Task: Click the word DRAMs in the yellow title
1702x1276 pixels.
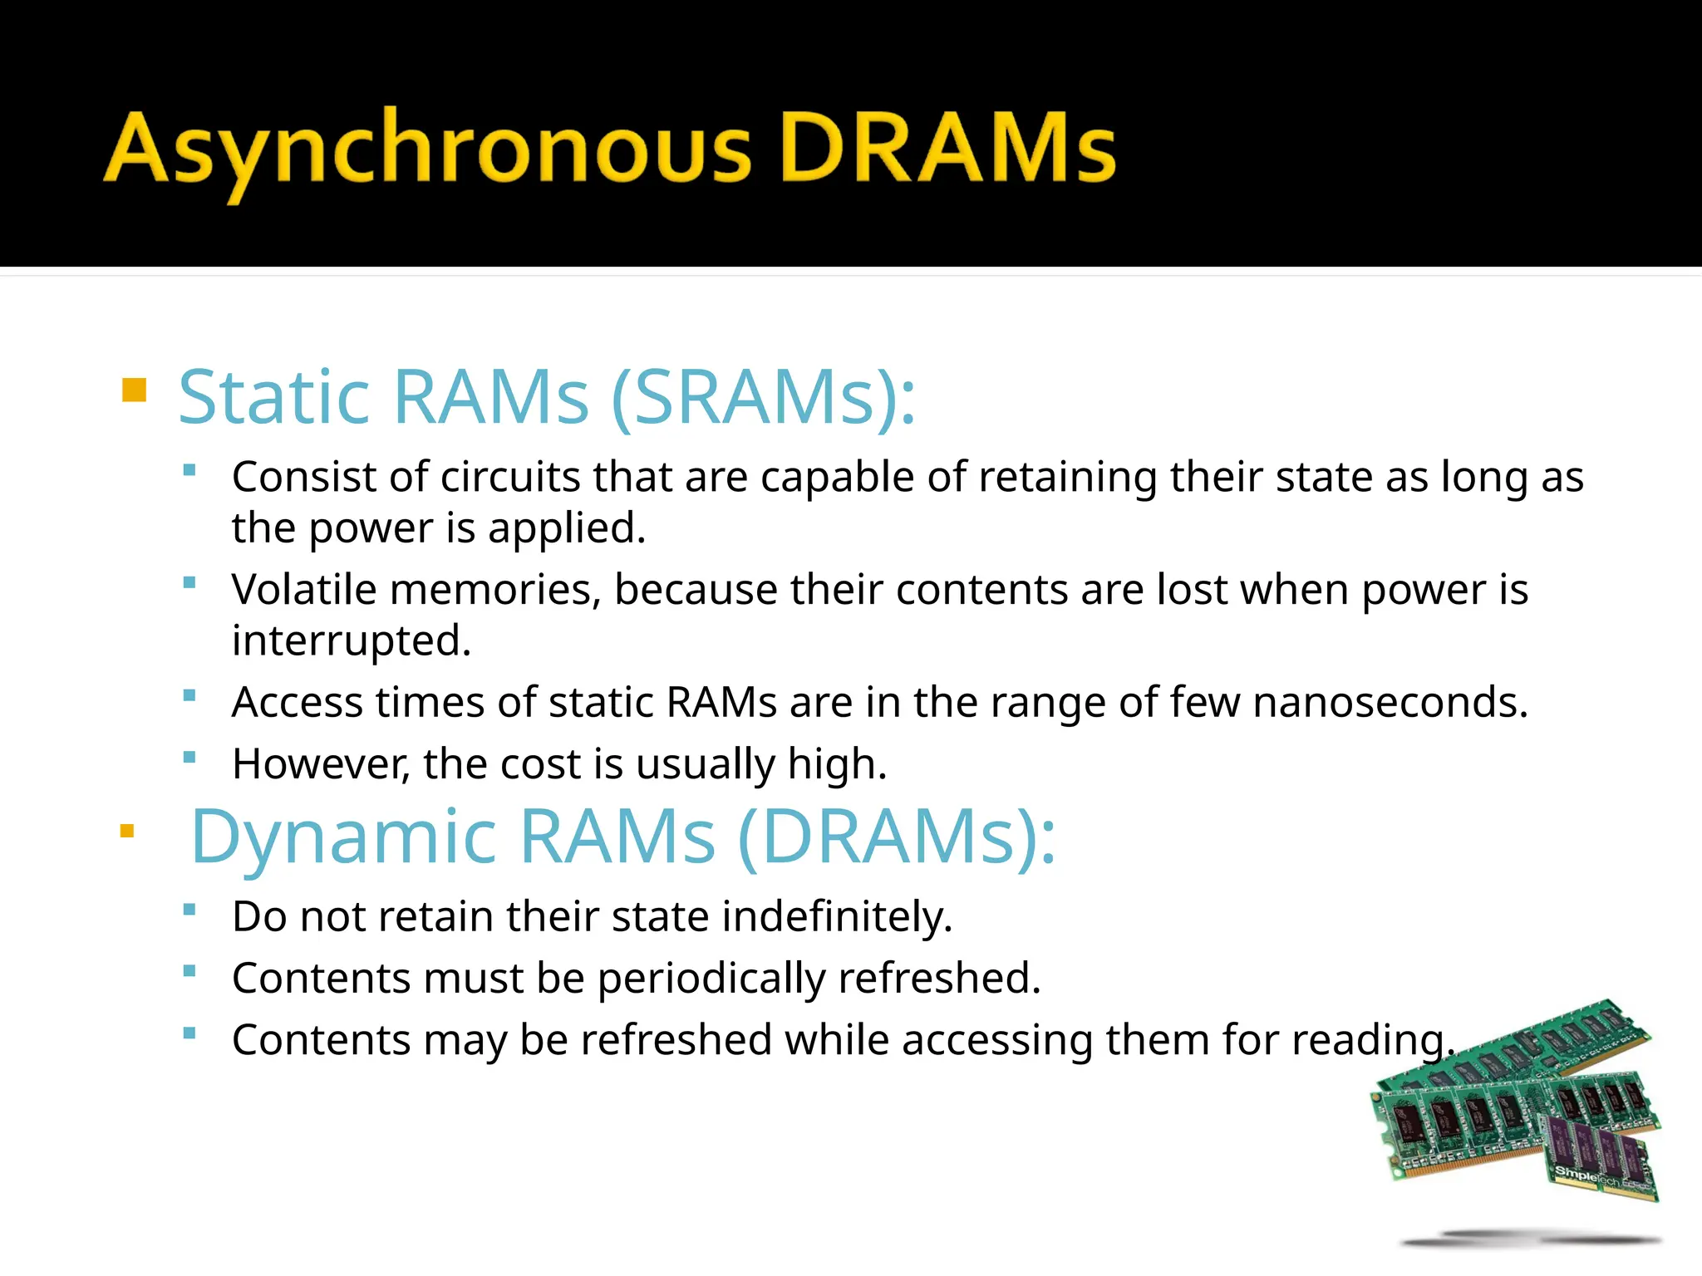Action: pyautogui.click(x=947, y=148)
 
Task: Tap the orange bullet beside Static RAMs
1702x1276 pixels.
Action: pyautogui.click(x=134, y=390)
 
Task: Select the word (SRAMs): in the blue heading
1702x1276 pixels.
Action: pyautogui.click(x=763, y=397)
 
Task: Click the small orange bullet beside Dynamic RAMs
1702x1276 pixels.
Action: pyautogui.click(x=127, y=831)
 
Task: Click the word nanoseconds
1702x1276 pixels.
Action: pyautogui.click(x=1390, y=703)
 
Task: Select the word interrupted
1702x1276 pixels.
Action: pyautogui.click(x=351, y=641)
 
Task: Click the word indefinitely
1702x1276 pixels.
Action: pyautogui.click(x=836, y=917)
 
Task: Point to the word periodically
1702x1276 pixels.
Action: pyautogui.click(x=711, y=979)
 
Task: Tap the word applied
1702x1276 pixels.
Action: pyautogui.click(x=567, y=528)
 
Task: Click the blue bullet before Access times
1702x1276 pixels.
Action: pyautogui.click(x=189, y=695)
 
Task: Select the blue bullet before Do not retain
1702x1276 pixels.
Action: pyautogui.click(x=189, y=910)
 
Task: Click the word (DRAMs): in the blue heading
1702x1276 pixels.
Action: pyautogui.click(x=896, y=837)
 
